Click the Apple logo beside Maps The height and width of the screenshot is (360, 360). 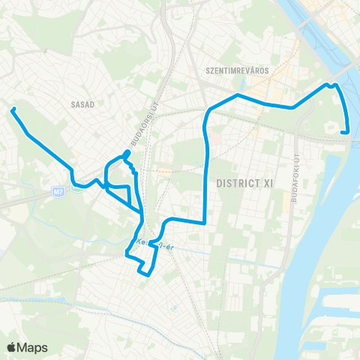[12, 347]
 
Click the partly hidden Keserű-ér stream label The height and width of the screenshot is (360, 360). [149, 243]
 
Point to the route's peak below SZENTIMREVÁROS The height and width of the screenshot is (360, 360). [238, 95]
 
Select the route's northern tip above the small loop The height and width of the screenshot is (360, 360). [127, 152]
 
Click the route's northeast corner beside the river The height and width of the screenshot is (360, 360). [335, 85]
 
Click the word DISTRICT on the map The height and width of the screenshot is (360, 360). [234, 183]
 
